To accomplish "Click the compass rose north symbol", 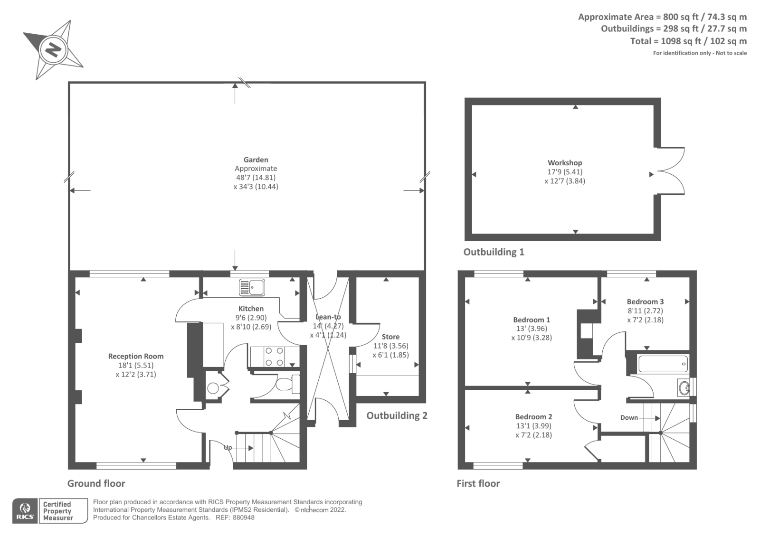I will click(52, 49).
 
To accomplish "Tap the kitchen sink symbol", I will click(252, 287).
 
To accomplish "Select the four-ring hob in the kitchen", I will click(274, 357).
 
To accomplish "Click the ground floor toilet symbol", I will click(286, 384).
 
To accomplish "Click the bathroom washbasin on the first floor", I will click(684, 388).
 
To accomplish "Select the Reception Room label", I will click(136, 356).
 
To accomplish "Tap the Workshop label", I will click(565, 162).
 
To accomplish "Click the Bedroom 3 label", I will click(645, 301).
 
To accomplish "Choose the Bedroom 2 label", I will click(533, 416).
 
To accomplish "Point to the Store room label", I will click(390, 337).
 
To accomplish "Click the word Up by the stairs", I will click(228, 447).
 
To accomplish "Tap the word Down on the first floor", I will click(629, 417).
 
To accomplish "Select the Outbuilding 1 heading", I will click(494, 252).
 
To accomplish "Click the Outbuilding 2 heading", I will click(397, 415).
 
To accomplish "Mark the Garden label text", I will click(256, 160).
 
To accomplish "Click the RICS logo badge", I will click(25, 511).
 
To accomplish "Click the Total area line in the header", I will click(688, 41).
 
